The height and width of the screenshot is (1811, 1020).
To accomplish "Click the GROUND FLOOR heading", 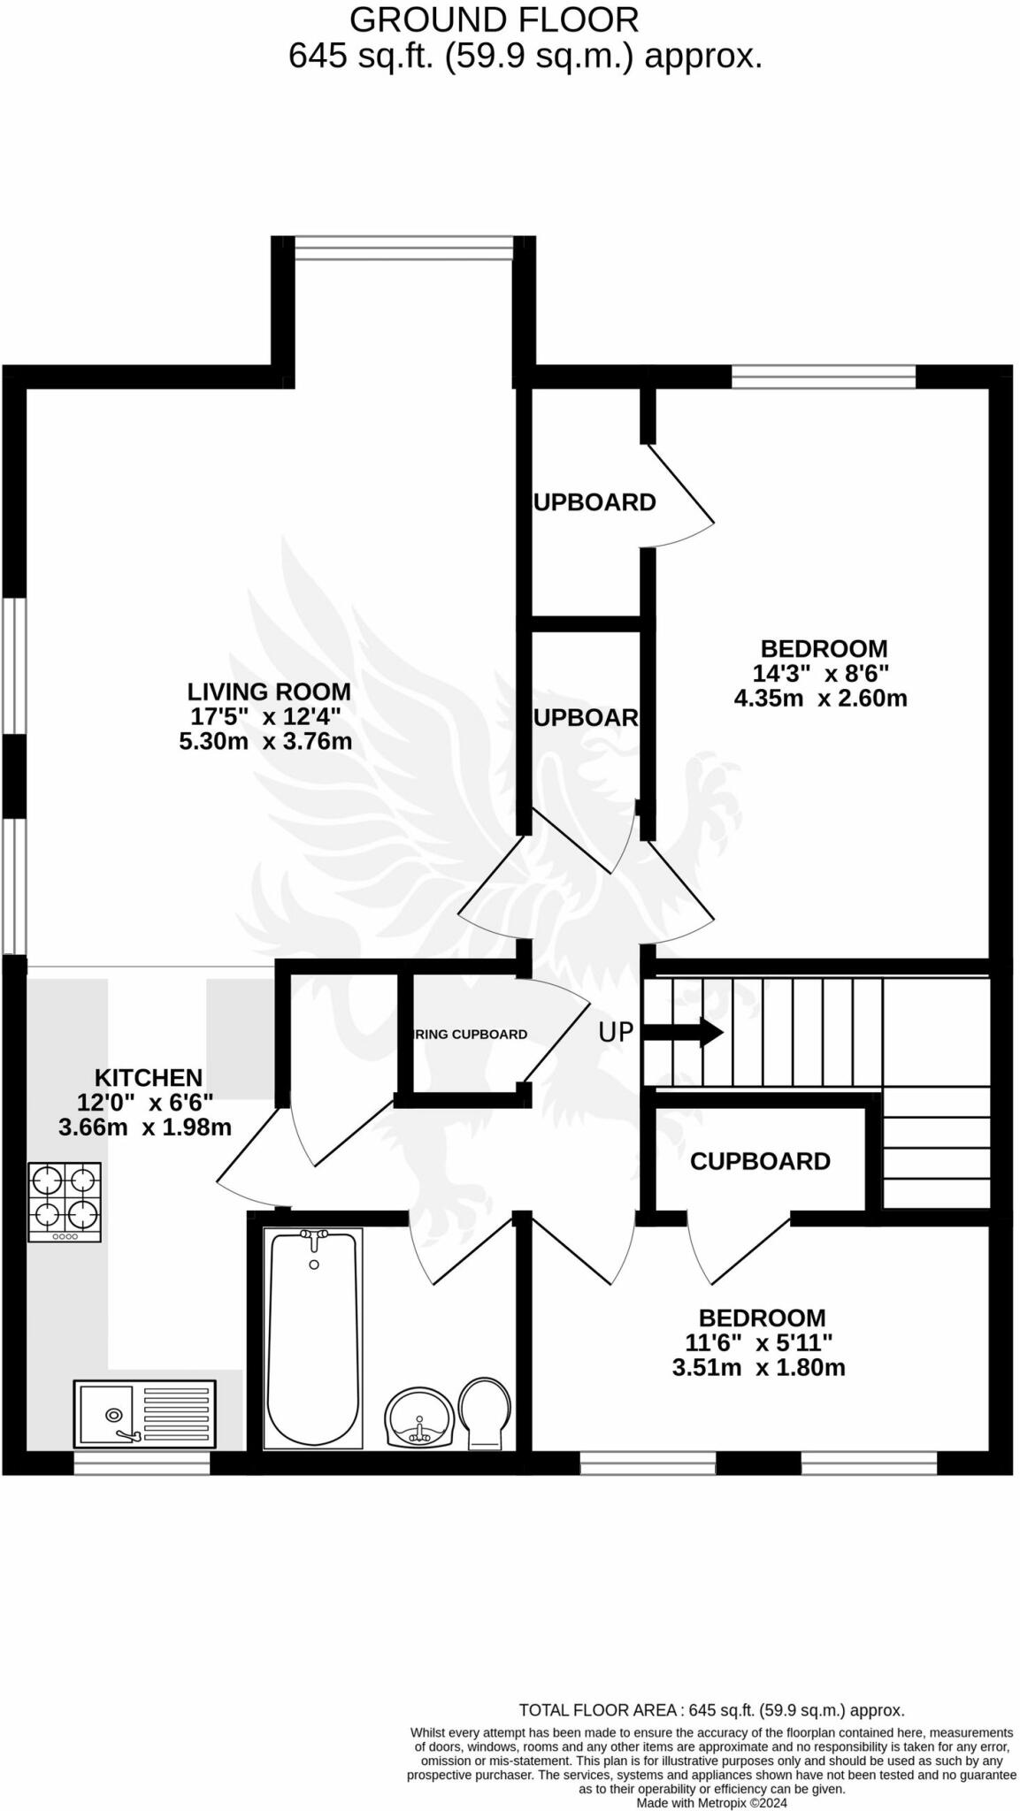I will [494, 19].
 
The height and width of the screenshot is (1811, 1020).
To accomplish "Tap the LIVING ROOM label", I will [268, 692].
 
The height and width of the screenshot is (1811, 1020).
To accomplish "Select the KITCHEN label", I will [149, 1078].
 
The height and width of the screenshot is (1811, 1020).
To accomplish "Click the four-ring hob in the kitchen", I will [65, 1201].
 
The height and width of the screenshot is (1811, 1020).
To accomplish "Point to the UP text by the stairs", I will [616, 1032].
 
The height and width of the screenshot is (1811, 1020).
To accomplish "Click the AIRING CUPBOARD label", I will [471, 1035].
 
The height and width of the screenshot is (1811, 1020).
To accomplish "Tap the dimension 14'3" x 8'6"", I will [821, 673].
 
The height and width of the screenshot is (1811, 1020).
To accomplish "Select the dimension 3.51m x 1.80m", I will [758, 1368].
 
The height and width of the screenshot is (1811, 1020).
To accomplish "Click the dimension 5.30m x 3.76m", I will [265, 741].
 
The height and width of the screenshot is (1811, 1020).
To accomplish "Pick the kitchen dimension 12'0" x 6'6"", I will [145, 1103].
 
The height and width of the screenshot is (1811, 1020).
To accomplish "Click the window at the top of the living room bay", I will [403, 248].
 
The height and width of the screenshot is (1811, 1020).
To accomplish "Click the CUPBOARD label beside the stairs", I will [760, 1161].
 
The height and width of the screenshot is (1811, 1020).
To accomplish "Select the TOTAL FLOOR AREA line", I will [711, 1710].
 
